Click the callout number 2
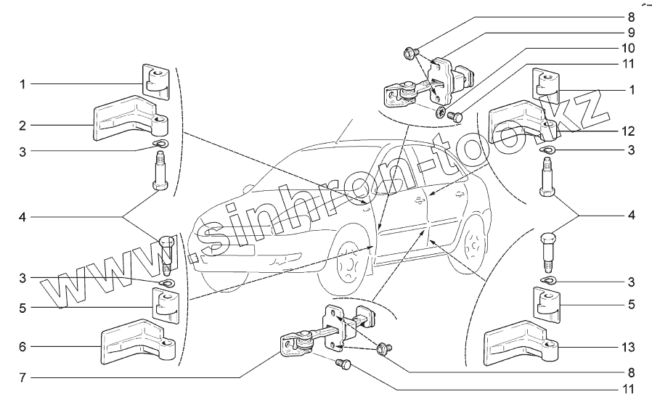tap(23, 125)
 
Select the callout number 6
tap(23, 347)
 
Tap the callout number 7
tap(23, 378)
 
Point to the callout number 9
tap(630, 32)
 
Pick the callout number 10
tap(628, 47)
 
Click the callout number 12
tap(628, 131)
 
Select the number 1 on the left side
tap(23, 84)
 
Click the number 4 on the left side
tap(23, 216)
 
